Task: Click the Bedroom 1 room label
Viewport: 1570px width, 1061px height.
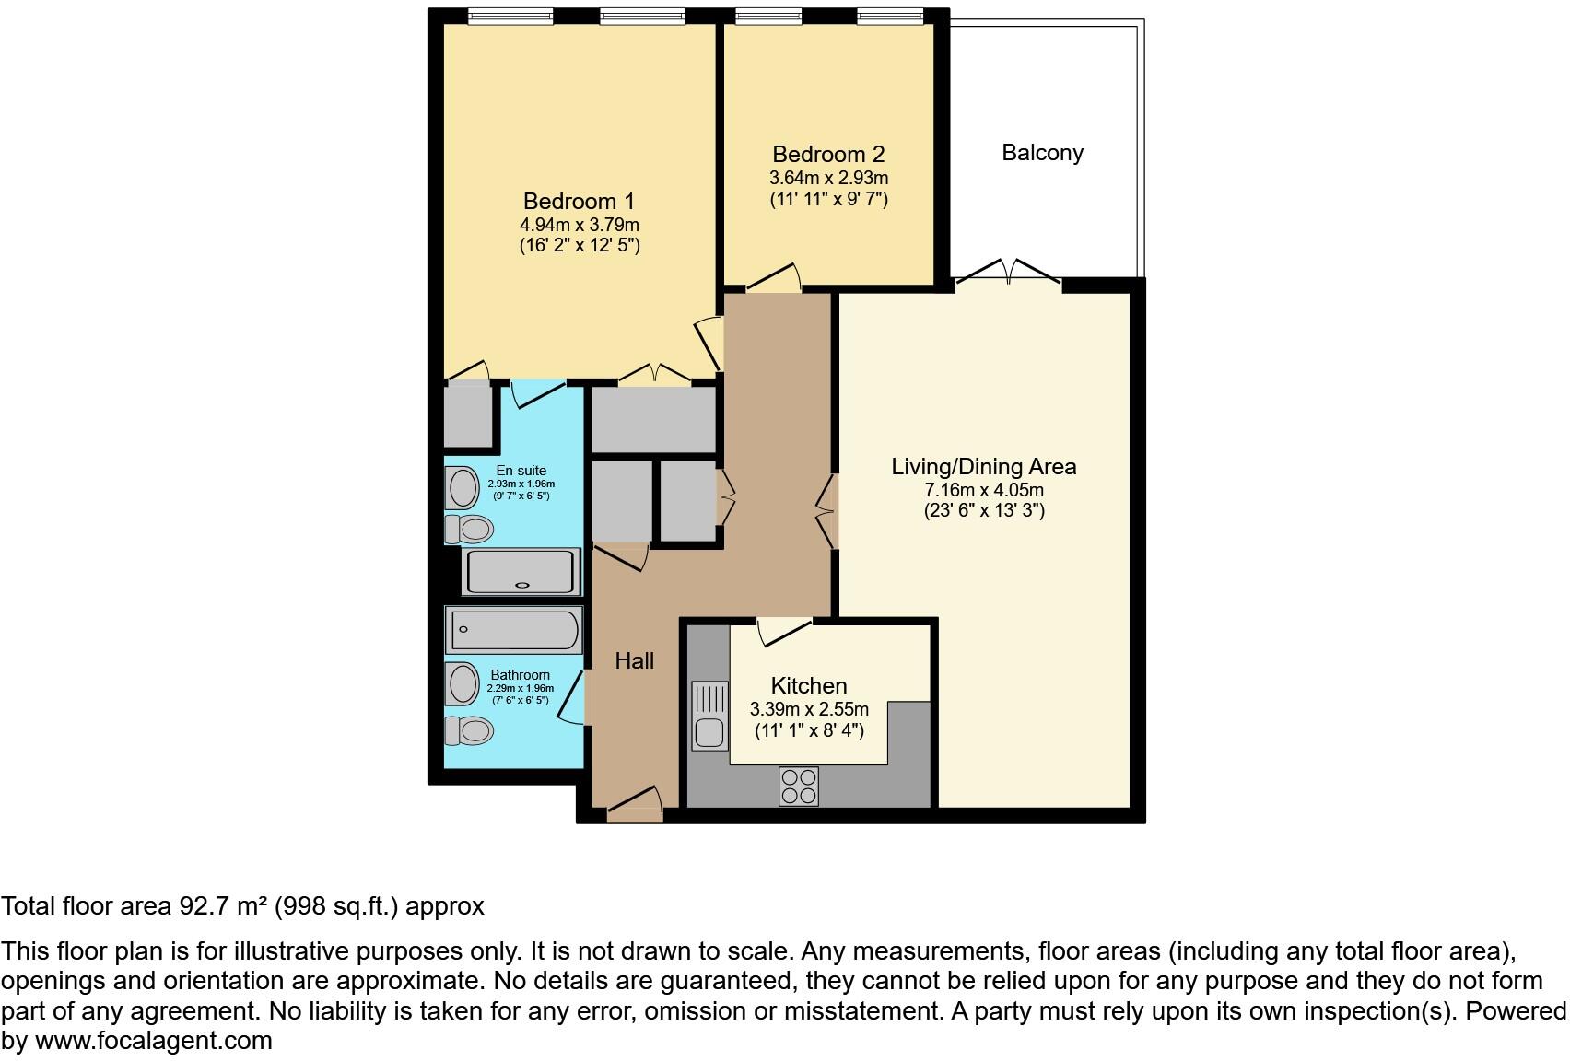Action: click(x=579, y=201)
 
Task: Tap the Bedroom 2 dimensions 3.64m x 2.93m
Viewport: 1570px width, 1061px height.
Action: click(x=828, y=178)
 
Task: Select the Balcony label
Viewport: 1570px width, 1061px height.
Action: click(x=1042, y=153)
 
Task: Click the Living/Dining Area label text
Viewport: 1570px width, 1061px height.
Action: click(x=983, y=466)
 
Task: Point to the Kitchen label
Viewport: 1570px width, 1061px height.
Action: click(x=808, y=685)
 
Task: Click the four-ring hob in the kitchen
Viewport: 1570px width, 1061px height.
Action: click(x=798, y=786)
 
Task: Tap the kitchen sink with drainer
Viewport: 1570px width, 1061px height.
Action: click(x=708, y=717)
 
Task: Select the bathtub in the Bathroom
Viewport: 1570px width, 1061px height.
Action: click(x=513, y=630)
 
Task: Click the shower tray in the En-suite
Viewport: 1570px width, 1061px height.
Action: click(x=521, y=572)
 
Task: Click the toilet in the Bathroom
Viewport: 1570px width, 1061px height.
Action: click(x=470, y=731)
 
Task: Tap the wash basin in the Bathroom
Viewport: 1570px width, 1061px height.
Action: click(x=463, y=683)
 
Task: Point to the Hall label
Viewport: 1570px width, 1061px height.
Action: click(x=634, y=660)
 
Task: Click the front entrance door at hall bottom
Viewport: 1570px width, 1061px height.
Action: click(x=635, y=804)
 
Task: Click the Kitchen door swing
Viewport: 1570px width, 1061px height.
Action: click(x=784, y=632)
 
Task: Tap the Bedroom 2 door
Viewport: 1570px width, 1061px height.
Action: click(x=772, y=279)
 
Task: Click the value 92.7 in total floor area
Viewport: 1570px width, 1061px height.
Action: click(x=202, y=906)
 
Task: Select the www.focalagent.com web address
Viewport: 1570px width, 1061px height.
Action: click(x=153, y=1041)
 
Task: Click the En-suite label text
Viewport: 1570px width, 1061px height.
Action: click(x=521, y=471)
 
